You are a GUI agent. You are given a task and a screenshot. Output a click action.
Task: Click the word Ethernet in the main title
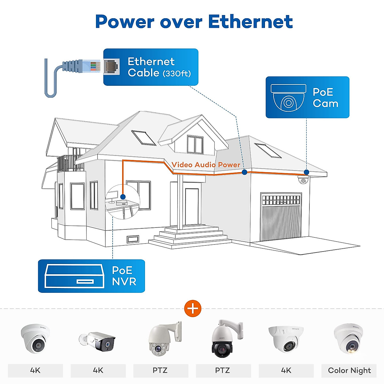[x=250, y=22]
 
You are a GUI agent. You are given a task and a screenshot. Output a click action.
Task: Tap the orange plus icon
[x=193, y=309]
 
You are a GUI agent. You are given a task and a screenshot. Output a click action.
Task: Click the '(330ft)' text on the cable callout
[x=177, y=74]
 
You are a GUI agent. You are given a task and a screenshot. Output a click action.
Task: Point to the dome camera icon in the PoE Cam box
[x=288, y=98]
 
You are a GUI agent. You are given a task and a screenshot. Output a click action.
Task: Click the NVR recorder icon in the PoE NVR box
[x=75, y=276]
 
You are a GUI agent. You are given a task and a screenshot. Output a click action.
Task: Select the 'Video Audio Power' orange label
[x=206, y=165]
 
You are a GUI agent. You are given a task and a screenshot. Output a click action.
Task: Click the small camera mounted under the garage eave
[x=303, y=180]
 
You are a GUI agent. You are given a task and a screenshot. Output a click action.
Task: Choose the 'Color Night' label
[x=349, y=371]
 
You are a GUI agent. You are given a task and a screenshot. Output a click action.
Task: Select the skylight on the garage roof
[x=268, y=150]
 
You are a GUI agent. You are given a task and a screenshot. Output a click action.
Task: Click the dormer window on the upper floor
[x=195, y=145]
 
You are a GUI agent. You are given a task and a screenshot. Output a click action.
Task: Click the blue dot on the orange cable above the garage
[x=244, y=172]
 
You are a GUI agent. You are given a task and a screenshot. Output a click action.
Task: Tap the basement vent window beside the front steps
[x=133, y=239]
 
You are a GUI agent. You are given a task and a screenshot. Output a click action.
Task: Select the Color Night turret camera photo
[x=348, y=339]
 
